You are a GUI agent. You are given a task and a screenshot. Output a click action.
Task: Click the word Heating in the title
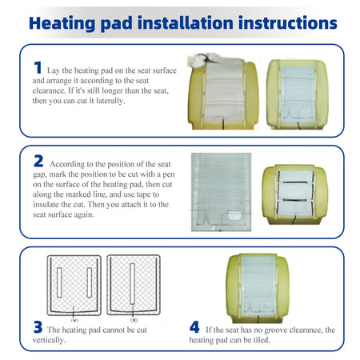pos(62,23)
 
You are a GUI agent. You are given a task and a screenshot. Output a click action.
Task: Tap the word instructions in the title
pos(288,23)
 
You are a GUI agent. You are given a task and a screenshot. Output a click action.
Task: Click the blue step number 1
pos(38,68)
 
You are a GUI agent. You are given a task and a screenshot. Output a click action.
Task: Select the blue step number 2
pos(38,161)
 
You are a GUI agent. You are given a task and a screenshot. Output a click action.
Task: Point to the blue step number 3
pos(38,327)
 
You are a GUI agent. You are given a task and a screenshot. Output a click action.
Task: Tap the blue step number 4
pos(194,327)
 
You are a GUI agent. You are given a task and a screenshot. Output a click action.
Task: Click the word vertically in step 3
pos(49,340)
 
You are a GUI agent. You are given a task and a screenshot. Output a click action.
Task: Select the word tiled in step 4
pos(262,340)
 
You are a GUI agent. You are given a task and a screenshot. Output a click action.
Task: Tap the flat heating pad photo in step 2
pos(221,192)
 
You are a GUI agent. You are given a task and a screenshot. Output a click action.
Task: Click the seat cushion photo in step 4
pos(258,288)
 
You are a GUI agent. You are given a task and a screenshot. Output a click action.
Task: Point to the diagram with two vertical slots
pos(74,286)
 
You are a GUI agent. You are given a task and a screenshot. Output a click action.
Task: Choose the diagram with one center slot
pos(134,285)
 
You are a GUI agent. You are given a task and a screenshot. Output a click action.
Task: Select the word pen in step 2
pos(169,174)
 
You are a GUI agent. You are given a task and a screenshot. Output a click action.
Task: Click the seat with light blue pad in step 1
pos(298,94)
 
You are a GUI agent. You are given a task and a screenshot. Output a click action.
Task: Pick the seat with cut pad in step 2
pos(295,194)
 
